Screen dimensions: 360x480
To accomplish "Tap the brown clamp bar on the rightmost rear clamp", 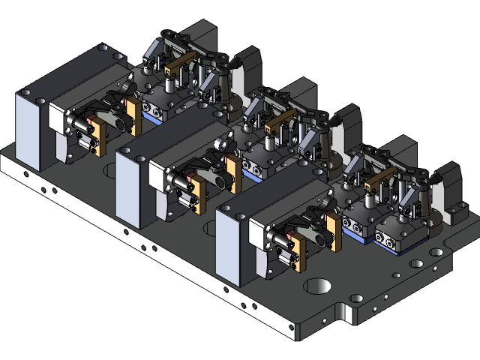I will (x=381, y=178).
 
